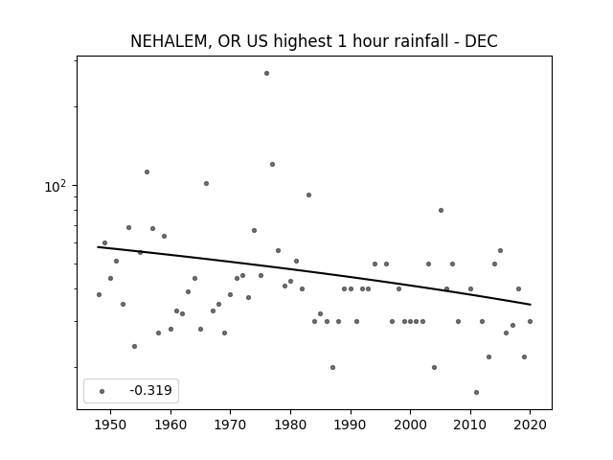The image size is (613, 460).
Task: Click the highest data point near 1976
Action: [266, 73]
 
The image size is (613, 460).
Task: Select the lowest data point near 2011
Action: [476, 392]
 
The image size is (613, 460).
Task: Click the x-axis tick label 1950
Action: [111, 425]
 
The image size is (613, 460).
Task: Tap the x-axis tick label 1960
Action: [170, 425]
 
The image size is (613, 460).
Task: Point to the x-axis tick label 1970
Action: [230, 425]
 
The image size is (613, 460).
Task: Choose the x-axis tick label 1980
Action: [290, 425]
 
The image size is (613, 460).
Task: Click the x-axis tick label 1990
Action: [351, 425]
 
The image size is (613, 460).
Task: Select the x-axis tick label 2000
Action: [410, 425]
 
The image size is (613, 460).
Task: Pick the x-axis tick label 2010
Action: [470, 425]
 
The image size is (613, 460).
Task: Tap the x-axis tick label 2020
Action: [530, 425]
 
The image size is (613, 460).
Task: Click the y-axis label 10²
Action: [56, 186]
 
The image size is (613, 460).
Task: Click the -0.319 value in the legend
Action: [150, 390]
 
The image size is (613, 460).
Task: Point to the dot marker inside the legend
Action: [102, 391]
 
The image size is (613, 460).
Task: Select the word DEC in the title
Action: [481, 41]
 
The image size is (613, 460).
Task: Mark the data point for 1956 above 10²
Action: [147, 172]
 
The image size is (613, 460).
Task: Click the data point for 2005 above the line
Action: [441, 210]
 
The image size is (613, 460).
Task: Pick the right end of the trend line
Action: [531, 305]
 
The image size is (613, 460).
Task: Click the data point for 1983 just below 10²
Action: [308, 195]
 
